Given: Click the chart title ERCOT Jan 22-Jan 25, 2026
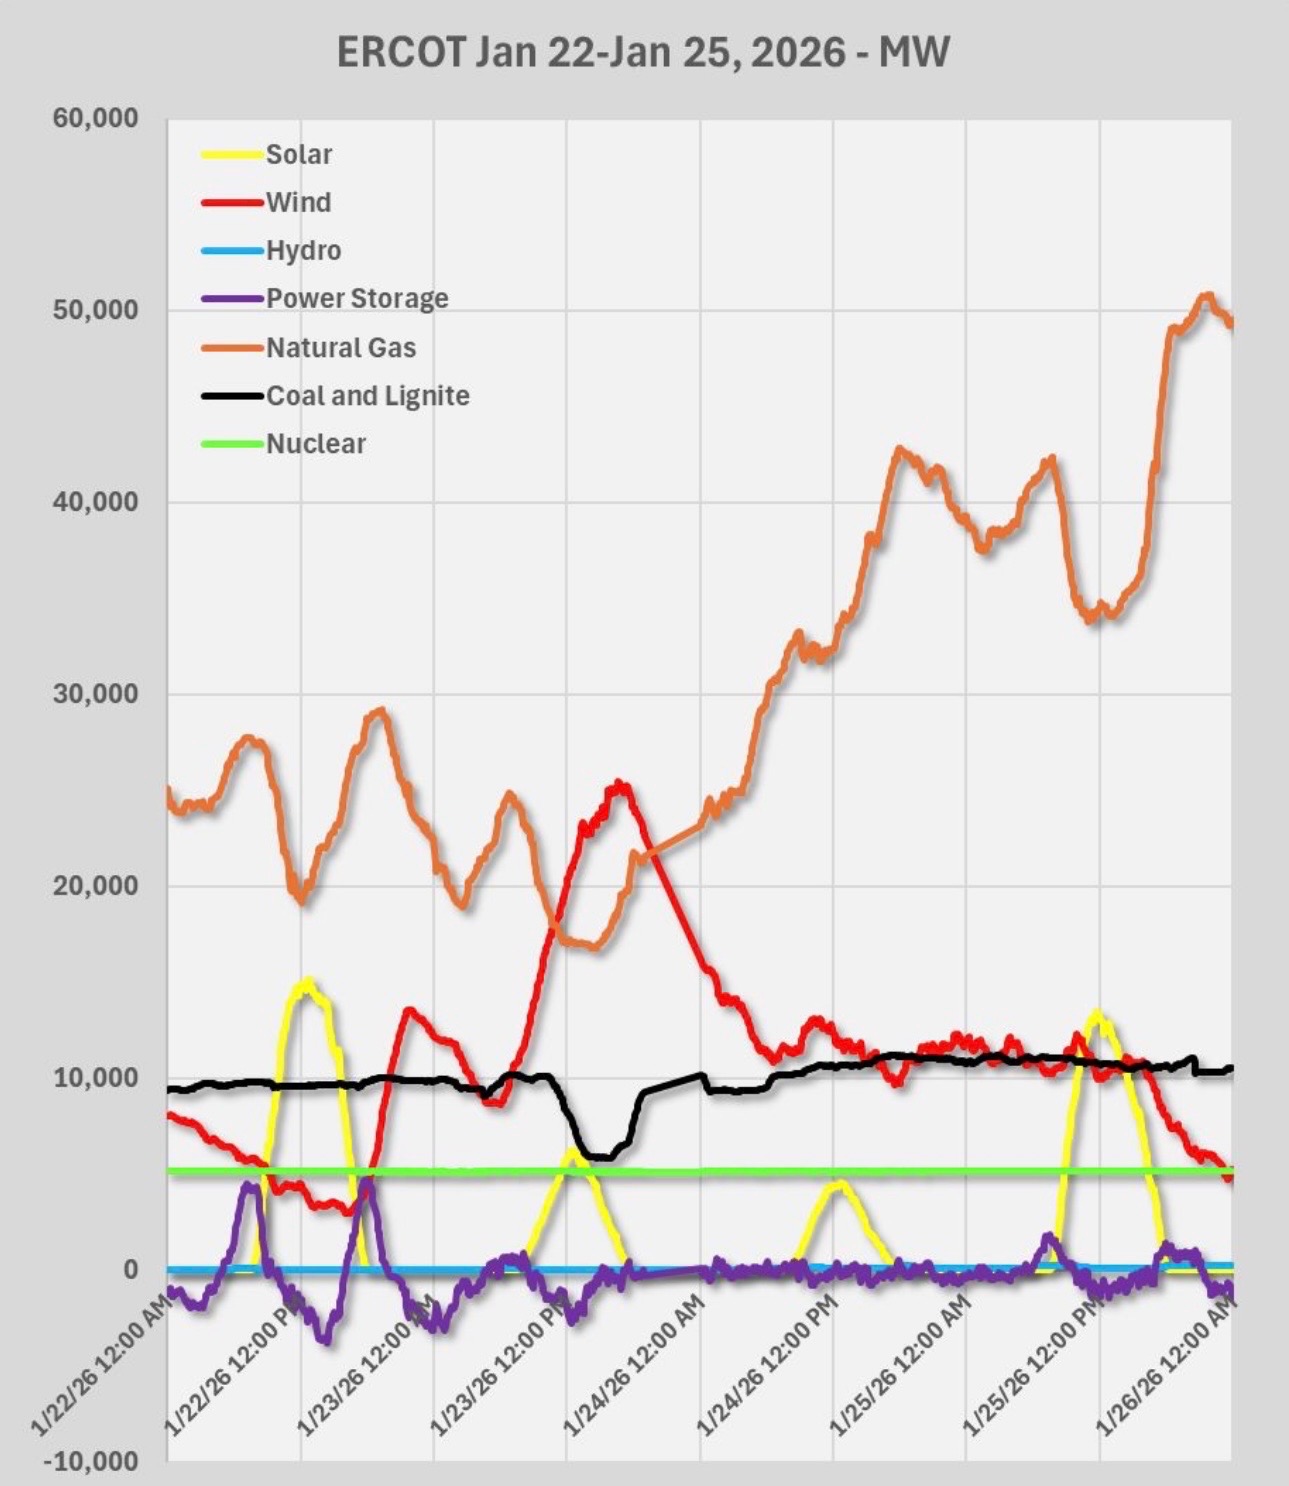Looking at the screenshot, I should click(643, 52).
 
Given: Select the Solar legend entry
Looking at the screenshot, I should click(298, 154).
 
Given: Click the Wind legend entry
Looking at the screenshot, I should click(297, 202).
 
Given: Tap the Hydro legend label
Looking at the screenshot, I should click(303, 250).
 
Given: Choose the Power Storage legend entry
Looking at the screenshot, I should click(356, 298).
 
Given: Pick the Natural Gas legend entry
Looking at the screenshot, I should click(340, 347).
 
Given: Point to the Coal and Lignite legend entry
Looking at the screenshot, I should click(367, 395).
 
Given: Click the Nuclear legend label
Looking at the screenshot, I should click(315, 443).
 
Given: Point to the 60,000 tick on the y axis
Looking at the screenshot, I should click(96, 118).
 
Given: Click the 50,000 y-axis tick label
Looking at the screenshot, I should click(96, 310).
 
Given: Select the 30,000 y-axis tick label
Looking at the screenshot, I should click(96, 694).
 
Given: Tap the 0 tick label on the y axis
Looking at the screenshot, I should click(130, 1269).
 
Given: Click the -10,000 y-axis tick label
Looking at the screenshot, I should click(91, 1461).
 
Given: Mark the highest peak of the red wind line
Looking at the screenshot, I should click(620, 785).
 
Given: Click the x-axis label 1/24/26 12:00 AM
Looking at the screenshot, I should click(636, 1366).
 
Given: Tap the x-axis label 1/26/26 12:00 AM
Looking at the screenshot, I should click(1168, 1366).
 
